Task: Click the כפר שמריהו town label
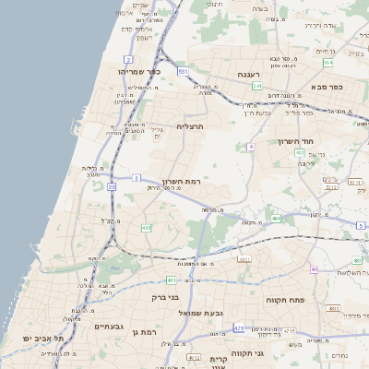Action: point(140,70)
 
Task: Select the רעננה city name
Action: point(247,74)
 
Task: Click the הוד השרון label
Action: point(295,141)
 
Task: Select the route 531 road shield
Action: point(184,70)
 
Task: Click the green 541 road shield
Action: point(256,85)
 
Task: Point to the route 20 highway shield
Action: point(112,186)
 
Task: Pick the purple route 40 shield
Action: point(315,269)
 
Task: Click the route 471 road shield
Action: point(240,327)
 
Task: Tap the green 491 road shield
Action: point(276,219)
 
